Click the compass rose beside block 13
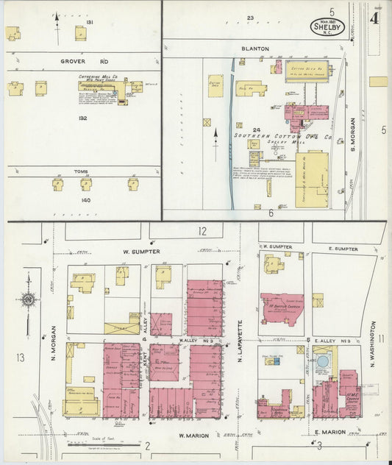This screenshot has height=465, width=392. tap(29, 299)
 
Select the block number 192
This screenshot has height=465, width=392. tap(82, 117)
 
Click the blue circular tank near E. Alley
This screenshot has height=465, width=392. tap(322, 362)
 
